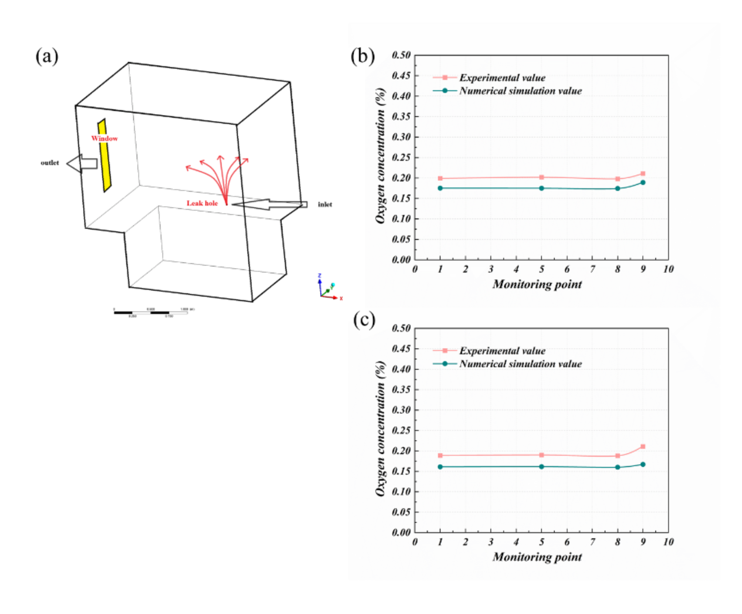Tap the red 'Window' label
click(x=104, y=138)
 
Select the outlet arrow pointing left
click(x=82, y=163)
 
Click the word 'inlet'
click(x=325, y=204)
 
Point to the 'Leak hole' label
click(x=202, y=203)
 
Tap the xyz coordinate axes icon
click(x=327, y=289)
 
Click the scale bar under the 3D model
click(x=151, y=313)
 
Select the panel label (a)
click(x=47, y=57)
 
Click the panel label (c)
click(x=364, y=320)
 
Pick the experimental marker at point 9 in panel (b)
click(x=643, y=173)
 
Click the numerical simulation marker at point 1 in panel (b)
click(x=440, y=188)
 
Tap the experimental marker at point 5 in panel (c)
click(x=542, y=455)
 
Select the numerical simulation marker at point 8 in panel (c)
click(x=617, y=467)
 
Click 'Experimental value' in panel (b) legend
click(x=502, y=78)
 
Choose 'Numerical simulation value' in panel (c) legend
click(x=520, y=364)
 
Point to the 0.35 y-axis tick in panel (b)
click(x=401, y=117)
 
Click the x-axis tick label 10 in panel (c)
click(x=668, y=542)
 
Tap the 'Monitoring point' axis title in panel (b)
click(x=537, y=284)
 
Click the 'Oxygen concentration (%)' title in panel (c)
click(x=380, y=429)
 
